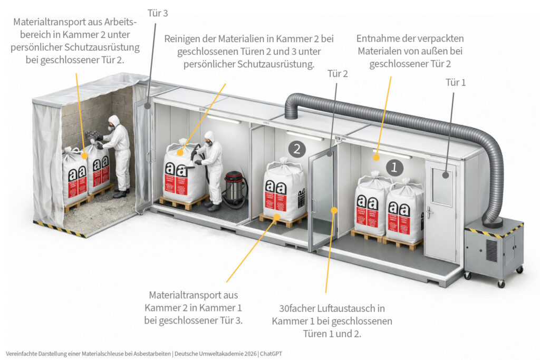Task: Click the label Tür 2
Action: (337, 74)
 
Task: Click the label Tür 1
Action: (456, 82)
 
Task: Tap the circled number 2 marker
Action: (297, 149)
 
